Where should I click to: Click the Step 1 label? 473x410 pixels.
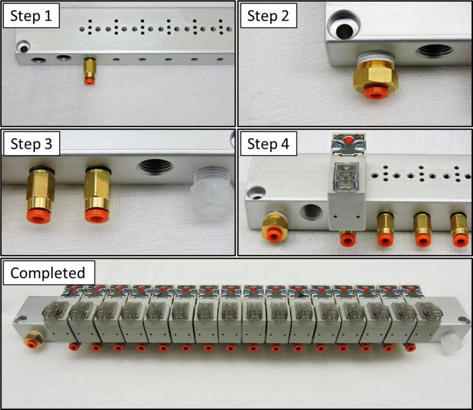click(31, 16)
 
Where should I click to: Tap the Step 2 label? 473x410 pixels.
click(268, 16)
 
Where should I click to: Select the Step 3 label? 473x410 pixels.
click(31, 143)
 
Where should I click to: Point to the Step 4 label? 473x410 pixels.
click(268, 143)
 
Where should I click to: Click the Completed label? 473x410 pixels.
click(47, 273)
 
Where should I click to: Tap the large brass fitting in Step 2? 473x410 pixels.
click(375, 76)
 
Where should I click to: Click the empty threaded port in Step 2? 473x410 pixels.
click(434, 51)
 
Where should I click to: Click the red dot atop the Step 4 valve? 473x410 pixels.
click(349, 140)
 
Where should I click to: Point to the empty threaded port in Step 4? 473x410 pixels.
click(312, 212)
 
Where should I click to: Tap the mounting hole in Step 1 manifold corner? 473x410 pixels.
click(23, 47)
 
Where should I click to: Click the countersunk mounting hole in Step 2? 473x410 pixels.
click(344, 26)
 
